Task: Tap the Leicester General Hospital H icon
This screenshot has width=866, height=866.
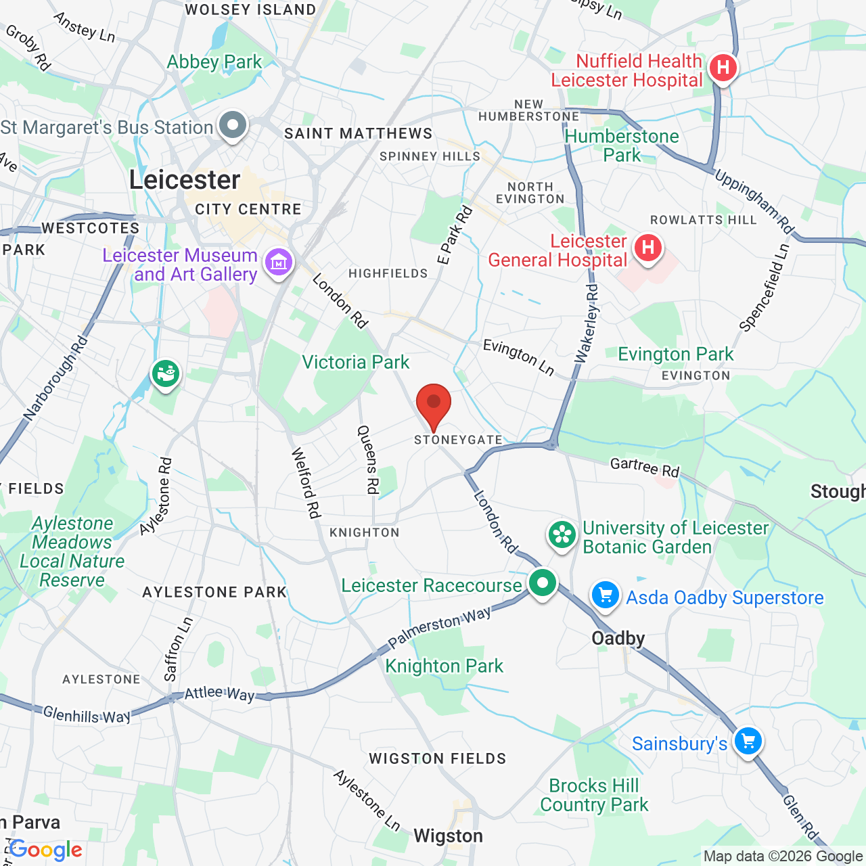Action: click(x=647, y=248)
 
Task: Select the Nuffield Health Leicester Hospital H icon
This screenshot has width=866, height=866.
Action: click(x=723, y=68)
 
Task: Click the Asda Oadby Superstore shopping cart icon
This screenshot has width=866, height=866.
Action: click(x=606, y=595)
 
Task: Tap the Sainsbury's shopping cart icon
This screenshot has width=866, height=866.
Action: click(x=748, y=741)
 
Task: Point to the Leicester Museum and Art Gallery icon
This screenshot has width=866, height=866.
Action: click(x=279, y=262)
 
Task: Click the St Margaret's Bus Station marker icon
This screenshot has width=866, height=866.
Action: click(x=233, y=125)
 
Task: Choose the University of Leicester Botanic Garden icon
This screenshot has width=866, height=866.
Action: click(x=562, y=535)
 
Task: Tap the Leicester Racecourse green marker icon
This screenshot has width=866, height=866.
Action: click(x=542, y=583)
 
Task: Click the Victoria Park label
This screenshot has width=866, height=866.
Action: click(x=355, y=363)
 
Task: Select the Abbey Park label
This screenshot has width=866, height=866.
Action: click(x=214, y=62)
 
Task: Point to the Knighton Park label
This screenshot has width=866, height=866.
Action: click(x=444, y=666)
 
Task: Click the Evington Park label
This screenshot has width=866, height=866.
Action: click(x=675, y=355)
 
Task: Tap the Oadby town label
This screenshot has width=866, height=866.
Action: click(x=618, y=638)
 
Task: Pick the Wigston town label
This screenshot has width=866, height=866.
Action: click(x=448, y=836)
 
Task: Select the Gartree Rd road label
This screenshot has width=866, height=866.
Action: click(x=644, y=468)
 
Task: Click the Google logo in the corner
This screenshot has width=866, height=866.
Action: click(x=46, y=850)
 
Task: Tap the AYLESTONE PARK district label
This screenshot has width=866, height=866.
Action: click(x=214, y=593)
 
